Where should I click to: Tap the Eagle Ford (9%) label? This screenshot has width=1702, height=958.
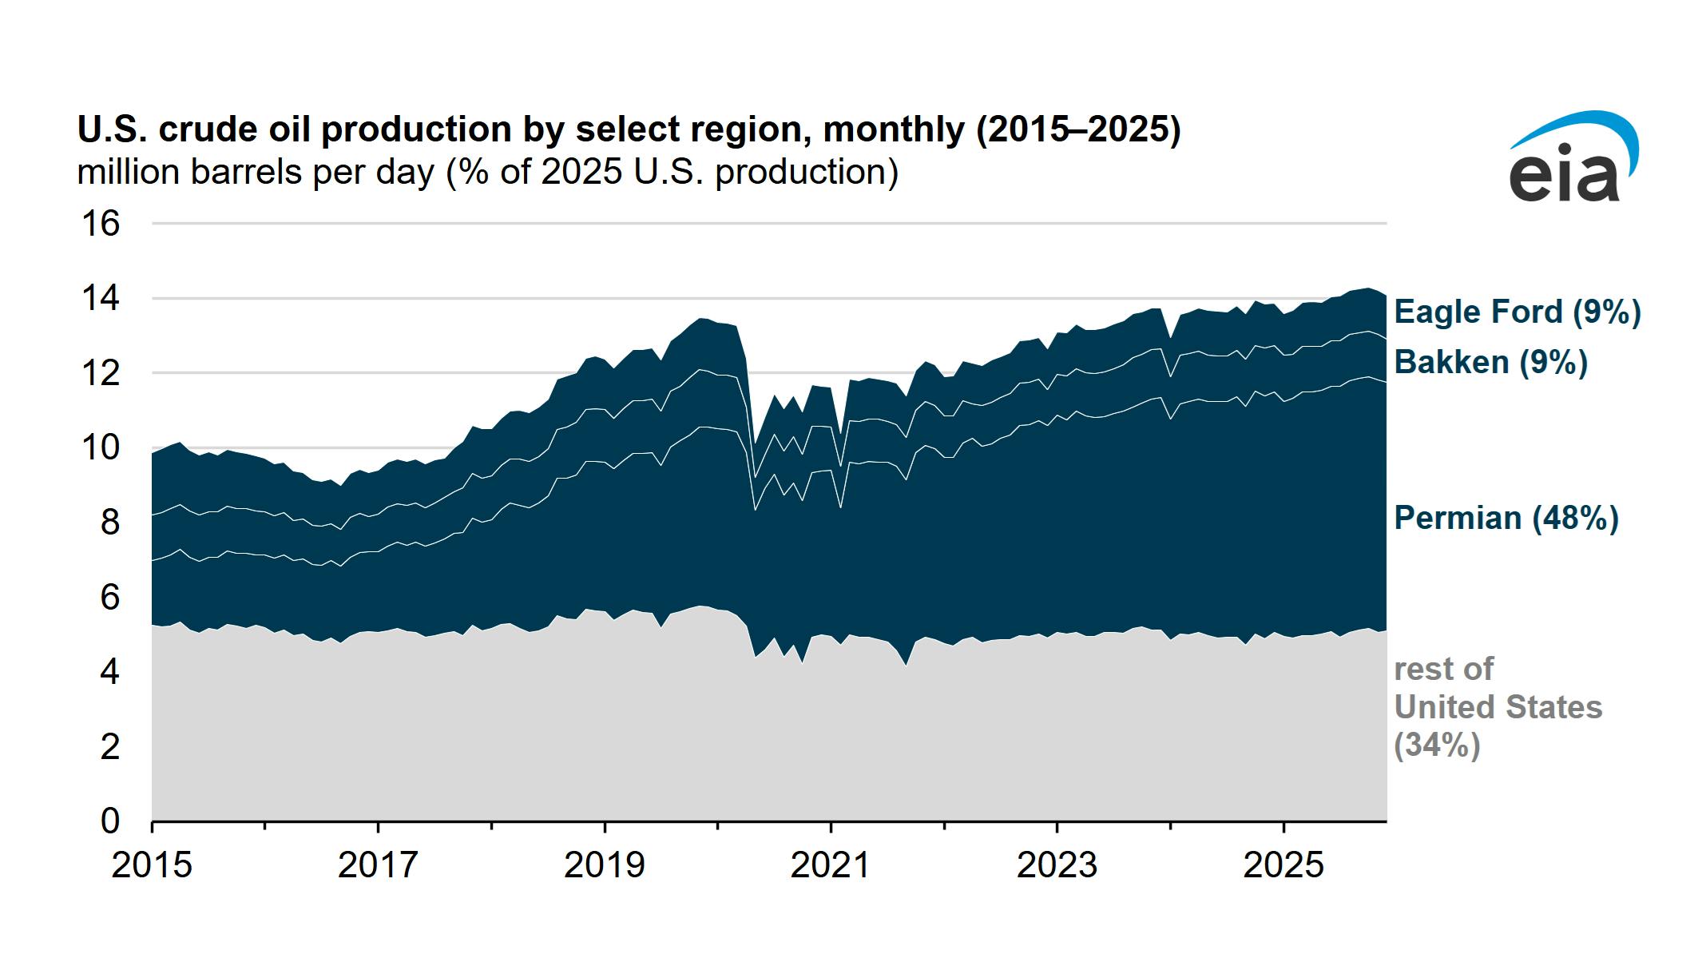click(1517, 312)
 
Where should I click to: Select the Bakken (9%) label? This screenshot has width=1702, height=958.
click(1490, 363)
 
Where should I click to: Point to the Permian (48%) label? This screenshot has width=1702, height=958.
click(1506, 519)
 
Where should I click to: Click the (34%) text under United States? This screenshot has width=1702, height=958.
click(1436, 745)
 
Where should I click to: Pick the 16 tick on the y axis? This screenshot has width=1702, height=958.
click(101, 224)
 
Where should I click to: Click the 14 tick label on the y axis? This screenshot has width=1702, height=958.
click(101, 299)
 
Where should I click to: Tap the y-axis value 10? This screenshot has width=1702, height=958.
click(101, 448)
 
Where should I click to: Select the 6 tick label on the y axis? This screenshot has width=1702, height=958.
click(109, 598)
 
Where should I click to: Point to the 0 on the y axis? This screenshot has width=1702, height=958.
click(109, 821)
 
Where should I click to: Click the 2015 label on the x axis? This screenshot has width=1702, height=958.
click(152, 865)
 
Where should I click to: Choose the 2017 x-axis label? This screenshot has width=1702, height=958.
click(378, 865)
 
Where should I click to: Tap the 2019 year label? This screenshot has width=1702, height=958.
click(604, 865)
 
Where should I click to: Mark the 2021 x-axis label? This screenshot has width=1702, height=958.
click(831, 865)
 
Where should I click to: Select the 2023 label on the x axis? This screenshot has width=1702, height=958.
click(1057, 865)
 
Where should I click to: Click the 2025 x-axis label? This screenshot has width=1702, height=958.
click(1283, 865)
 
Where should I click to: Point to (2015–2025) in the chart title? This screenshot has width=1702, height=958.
click(1077, 130)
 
